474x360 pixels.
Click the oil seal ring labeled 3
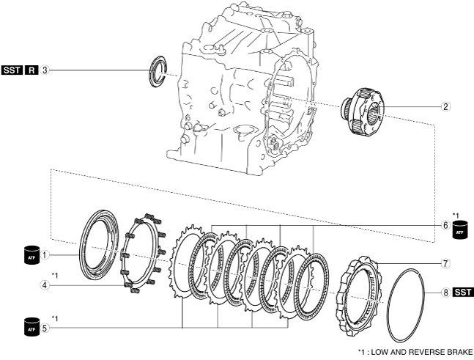(157, 73)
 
